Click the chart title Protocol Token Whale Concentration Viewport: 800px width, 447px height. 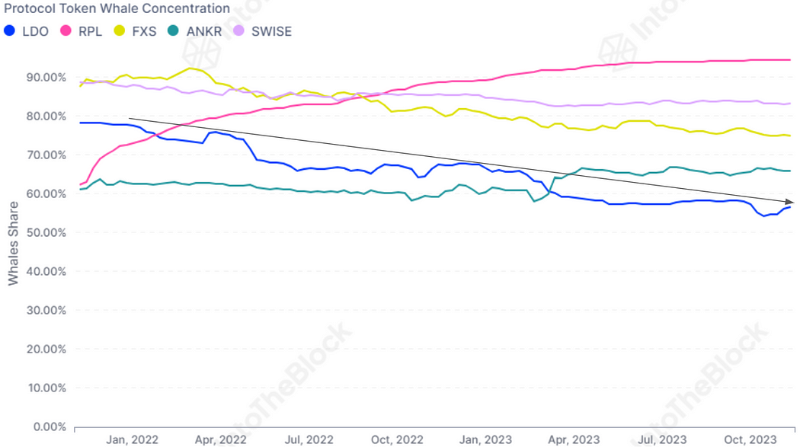click(117, 8)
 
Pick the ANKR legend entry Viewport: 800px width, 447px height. click(196, 31)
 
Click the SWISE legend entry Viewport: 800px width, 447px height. click(263, 31)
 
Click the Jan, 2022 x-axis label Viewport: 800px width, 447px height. click(131, 439)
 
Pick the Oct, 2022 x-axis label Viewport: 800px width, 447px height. click(398, 439)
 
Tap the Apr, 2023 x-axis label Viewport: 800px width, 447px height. click(574, 439)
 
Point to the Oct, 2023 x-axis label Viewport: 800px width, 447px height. click(750, 439)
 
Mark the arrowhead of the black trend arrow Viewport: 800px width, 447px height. click(792, 203)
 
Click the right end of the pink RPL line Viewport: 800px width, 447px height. click(789, 59)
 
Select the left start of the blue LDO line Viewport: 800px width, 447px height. click(81, 123)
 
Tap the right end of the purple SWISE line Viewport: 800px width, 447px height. click(789, 104)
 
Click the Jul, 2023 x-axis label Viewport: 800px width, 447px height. click(661, 439)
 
